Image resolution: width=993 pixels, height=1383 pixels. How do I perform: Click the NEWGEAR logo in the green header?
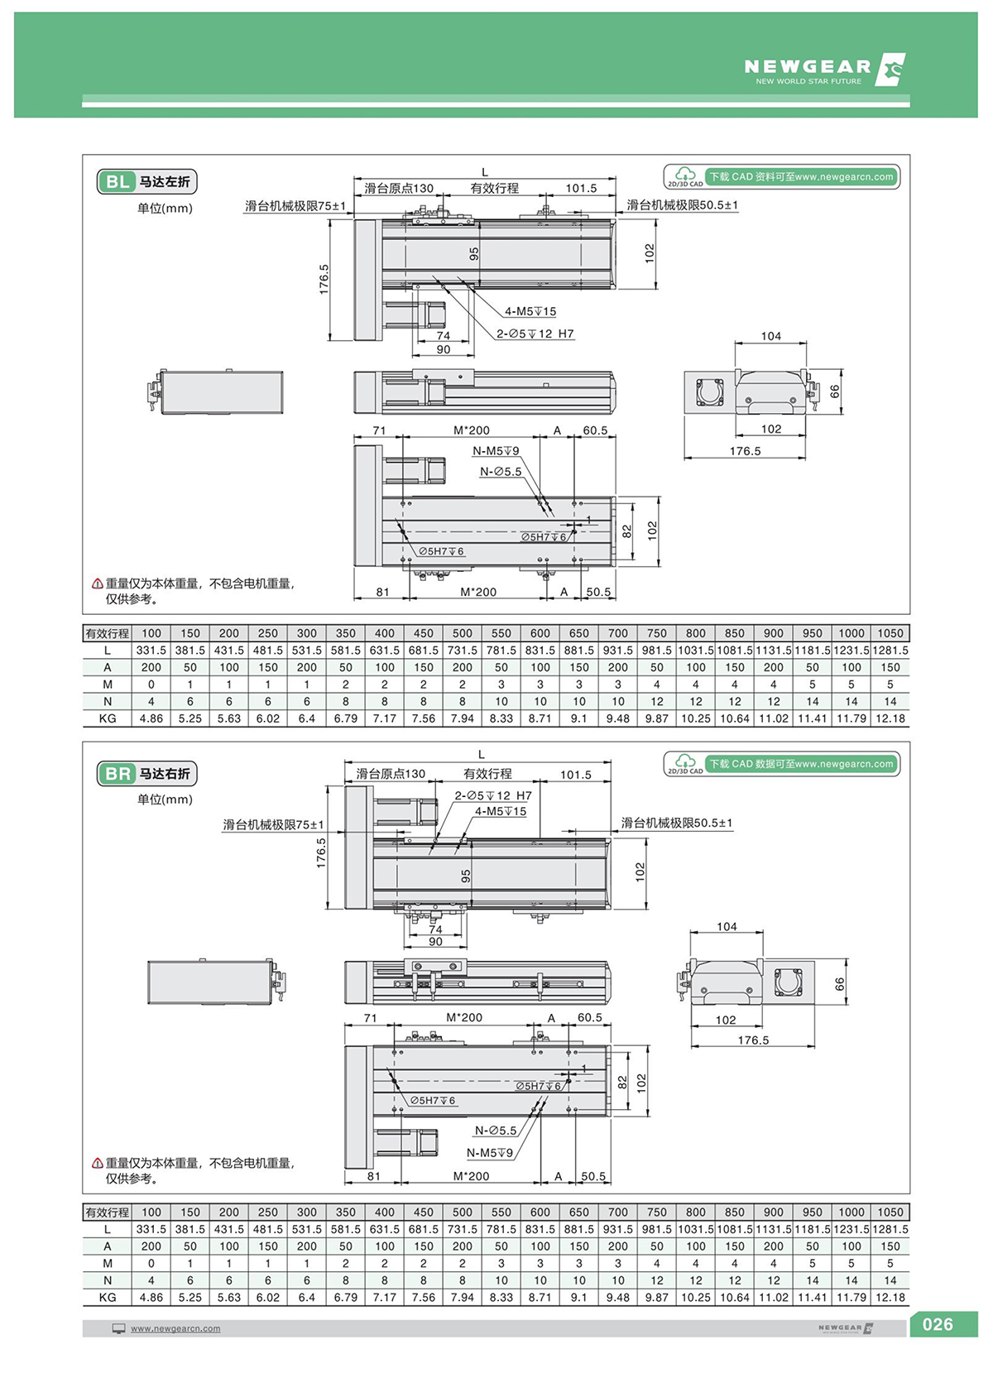[x=823, y=70]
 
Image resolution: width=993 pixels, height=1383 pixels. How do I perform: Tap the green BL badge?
[x=118, y=181]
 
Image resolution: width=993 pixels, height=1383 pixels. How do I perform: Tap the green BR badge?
[x=118, y=774]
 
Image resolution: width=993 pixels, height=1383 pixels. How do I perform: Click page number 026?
[x=938, y=1324]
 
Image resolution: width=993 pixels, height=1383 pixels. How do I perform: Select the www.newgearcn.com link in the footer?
[x=175, y=1328]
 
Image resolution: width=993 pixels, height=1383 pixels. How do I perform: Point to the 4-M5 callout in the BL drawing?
[x=530, y=311]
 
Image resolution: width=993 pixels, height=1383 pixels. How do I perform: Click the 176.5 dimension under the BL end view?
[x=745, y=451]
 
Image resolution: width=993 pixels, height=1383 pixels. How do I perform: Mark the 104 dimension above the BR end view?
[x=727, y=926]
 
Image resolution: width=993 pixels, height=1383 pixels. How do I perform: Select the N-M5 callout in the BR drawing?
[x=490, y=1153]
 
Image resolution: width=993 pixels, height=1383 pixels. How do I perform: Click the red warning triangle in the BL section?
[x=98, y=583]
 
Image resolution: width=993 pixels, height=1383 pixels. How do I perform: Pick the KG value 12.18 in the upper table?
[x=890, y=718]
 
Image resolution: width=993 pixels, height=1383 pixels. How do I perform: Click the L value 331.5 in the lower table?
[x=151, y=1229]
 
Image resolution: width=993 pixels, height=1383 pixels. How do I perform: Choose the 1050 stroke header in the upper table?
[x=890, y=633]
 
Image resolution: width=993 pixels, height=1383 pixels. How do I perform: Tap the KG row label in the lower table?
[x=108, y=1297]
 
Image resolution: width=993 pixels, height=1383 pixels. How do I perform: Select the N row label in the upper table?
[x=108, y=701]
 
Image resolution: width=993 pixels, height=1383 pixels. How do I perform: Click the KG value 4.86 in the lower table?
[x=151, y=1297]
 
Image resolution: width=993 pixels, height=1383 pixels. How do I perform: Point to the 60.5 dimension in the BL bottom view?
[x=595, y=430]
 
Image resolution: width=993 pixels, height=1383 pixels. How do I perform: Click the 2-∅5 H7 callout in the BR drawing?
[x=493, y=795]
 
